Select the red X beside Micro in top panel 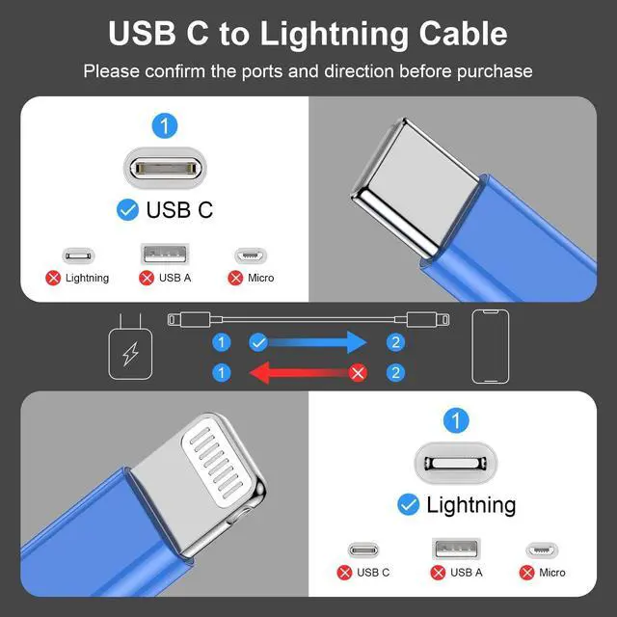235,278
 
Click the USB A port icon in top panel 166,255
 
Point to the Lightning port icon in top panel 79,256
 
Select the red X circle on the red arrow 359,372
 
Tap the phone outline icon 490,347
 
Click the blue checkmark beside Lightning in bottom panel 408,504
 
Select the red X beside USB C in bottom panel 344,573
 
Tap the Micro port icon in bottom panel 542,550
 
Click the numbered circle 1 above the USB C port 166,124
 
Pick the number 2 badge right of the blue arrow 395,341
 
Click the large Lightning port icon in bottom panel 456,463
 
